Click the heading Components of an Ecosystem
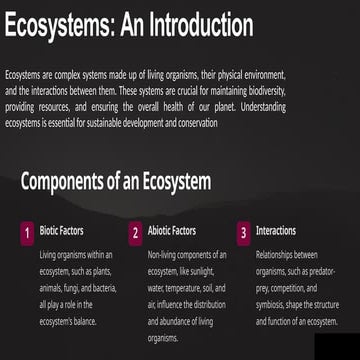tap(115, 181)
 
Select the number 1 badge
tap(27, 233)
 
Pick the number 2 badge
tap(134, 233)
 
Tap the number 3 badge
tap(242, 233)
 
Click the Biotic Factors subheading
tap(62, 231)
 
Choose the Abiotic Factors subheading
tap(171, 231)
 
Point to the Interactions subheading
tap(276, 231)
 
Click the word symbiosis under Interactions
tap(271, 303)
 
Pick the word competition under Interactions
tap(285, 287)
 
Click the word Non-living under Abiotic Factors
tap(164, 255)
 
